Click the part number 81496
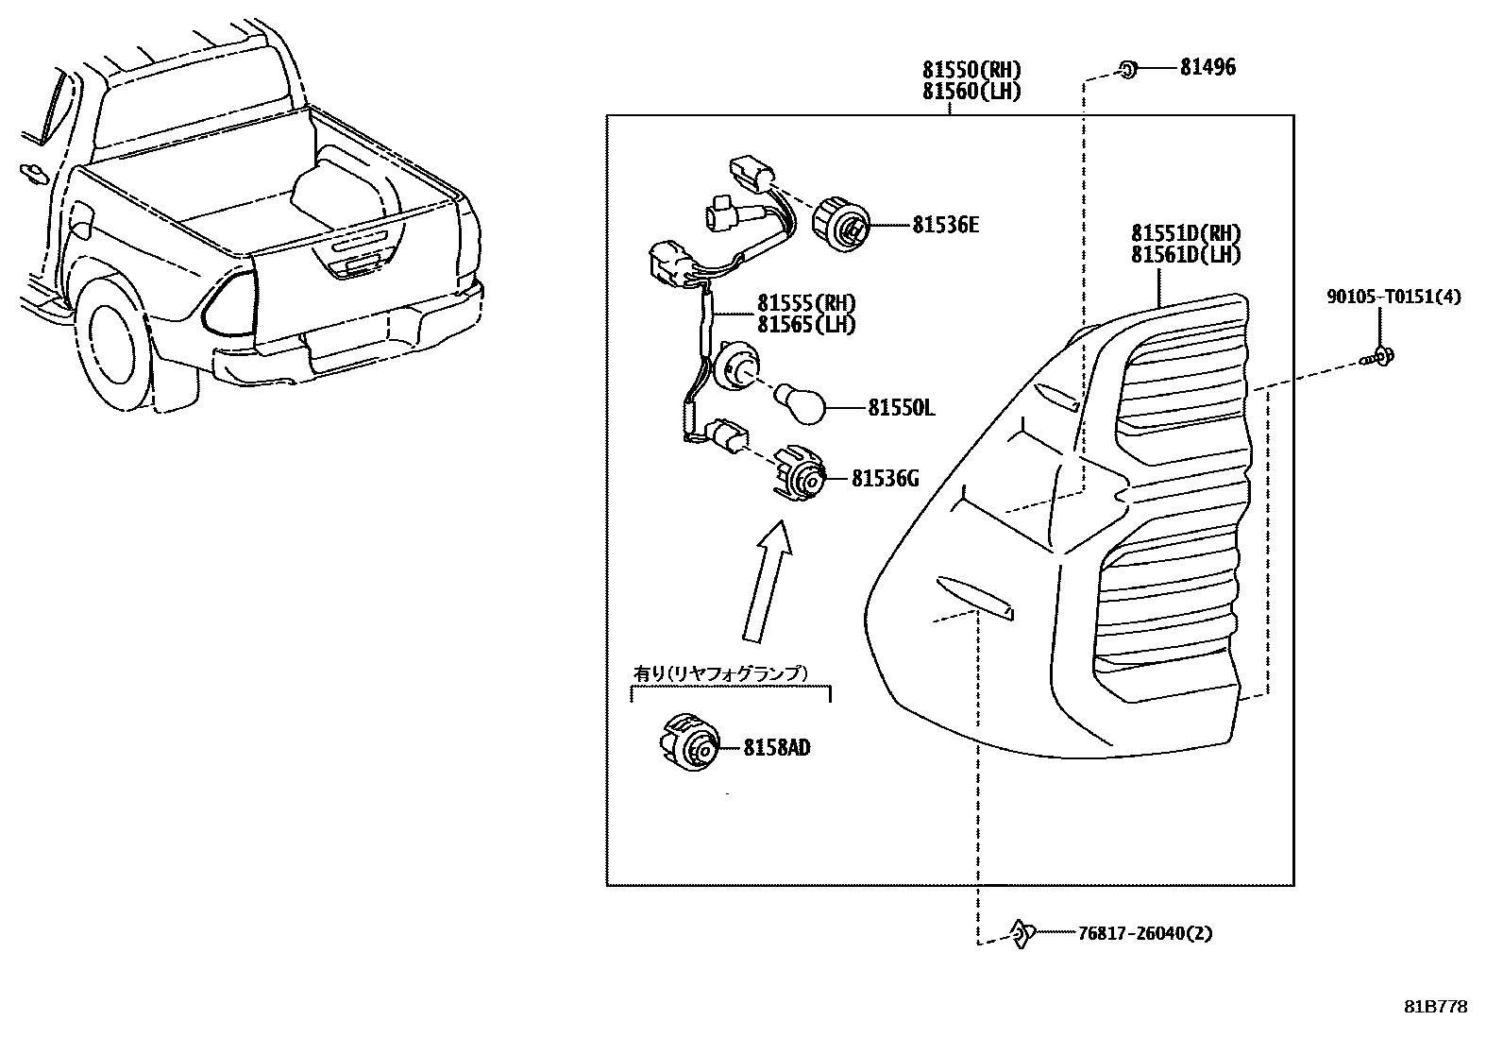1207,67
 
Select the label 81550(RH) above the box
971,70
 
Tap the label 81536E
945,225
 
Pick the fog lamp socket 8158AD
689,742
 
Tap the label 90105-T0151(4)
1393,297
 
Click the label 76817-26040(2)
1144,933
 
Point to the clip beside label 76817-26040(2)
1020,933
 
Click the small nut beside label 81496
1127,68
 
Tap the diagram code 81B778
1435,1007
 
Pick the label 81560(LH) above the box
971,91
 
